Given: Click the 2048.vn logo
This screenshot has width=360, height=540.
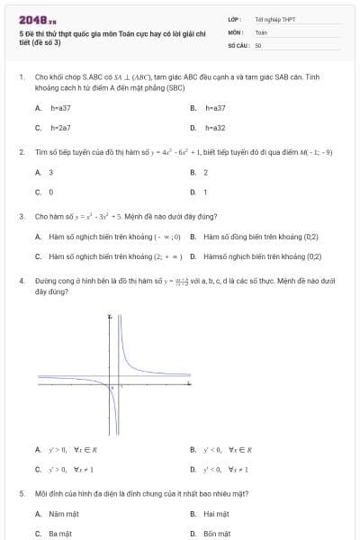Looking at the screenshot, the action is tap(38, 19).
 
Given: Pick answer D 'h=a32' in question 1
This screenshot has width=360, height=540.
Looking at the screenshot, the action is tap(213, 128).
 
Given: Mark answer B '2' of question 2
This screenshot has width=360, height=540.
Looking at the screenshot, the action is tap(205, 172).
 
